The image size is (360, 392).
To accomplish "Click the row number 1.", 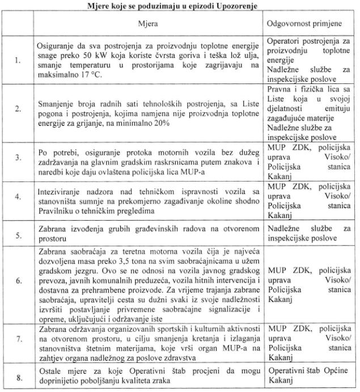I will click(x=18, y=61).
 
